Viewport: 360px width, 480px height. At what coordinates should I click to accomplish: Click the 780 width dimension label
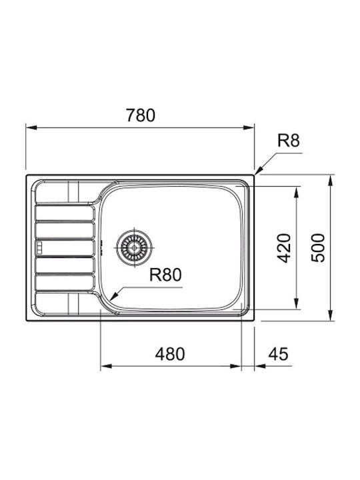tap(141, 115)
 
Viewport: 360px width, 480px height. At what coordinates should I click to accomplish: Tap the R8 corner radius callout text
tap(289, 141)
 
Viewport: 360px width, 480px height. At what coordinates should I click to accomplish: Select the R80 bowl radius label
tap(165, 275)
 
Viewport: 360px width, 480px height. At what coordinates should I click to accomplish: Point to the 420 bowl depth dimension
tap(283, 248)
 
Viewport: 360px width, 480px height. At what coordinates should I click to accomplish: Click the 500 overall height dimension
tap(317, 247)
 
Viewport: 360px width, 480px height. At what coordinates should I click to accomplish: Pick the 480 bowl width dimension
tap(170, 354)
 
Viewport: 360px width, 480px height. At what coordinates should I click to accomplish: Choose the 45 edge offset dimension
tap(278, 354)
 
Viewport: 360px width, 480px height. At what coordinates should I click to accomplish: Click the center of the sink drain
tap(134, 247)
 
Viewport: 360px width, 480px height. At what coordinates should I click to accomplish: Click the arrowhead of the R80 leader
tap(114, 297)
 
